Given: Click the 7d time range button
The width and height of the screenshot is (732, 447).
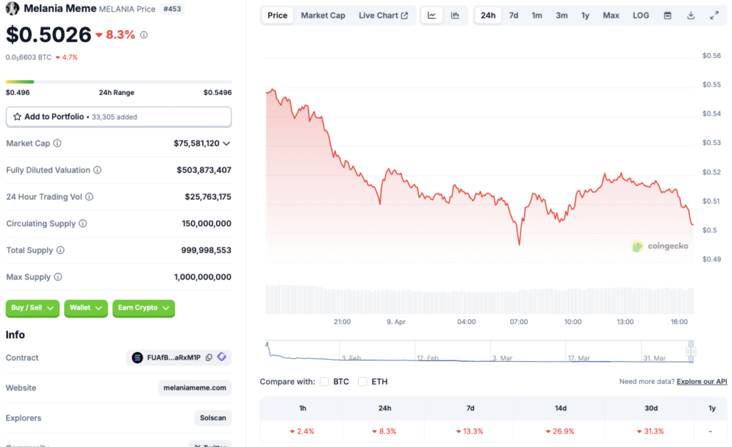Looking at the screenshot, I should point(513,15).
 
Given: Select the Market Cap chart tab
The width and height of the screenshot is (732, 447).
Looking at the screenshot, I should point(322,15).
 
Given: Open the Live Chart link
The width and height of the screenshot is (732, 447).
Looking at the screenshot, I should point(383,15).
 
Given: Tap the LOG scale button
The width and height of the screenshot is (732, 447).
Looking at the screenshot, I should point(640,15).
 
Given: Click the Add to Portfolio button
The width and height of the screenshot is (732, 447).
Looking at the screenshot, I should point(119,117).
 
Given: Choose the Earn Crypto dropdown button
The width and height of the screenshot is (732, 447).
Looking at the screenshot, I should point(143,308).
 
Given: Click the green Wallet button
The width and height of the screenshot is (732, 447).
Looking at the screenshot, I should point(86,308).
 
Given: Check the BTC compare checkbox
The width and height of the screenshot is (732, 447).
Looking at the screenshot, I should point(325,381).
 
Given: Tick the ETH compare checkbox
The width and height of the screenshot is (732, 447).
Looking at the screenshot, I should point(363,381).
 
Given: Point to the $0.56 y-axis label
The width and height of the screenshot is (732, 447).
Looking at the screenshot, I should point(711,56).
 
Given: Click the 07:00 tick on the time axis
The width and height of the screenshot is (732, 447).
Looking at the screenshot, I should point(519,322).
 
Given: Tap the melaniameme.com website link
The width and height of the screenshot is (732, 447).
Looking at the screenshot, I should point(194,388).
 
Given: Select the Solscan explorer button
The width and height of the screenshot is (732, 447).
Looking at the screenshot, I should point(212,418).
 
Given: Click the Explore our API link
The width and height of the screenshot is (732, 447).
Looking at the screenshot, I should point(701,381).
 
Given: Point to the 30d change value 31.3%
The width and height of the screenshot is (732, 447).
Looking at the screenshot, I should point(650,431).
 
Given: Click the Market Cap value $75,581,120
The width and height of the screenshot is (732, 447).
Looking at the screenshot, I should point(197,143).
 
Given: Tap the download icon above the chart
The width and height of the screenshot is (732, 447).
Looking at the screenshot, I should point(691,15).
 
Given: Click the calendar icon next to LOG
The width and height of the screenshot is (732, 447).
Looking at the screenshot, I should point(667,15).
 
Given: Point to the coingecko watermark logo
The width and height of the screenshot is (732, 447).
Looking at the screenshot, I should point(660,246).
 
